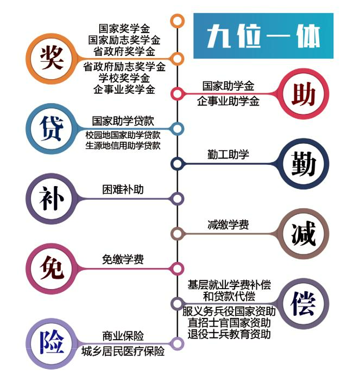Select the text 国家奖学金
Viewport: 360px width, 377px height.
pos(124,28)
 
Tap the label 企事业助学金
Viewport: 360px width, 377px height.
pos(229,101)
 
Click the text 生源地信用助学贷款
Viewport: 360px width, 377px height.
pos(123,145)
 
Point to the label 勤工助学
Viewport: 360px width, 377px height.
pos(229,155)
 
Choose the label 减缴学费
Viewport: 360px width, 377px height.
pos(229,224)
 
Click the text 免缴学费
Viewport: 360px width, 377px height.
pos(123,260)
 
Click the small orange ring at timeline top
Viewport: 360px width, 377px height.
pos(177,21)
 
